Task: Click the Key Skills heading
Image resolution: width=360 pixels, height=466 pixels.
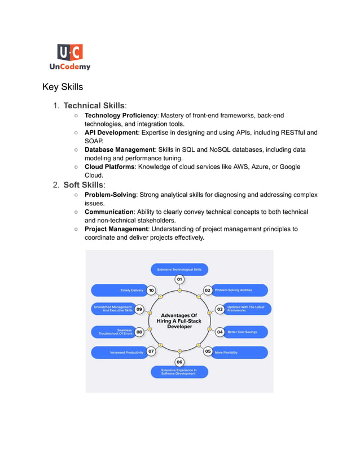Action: (63, 87)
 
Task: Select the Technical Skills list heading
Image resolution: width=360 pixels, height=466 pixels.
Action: (94, 105)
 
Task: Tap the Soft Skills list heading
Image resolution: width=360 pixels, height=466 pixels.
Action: (84, 185)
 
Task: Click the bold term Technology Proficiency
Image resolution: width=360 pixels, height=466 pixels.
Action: (120, 116)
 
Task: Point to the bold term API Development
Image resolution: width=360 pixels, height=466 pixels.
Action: (111, 133)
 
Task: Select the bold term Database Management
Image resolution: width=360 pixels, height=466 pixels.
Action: (120, 150)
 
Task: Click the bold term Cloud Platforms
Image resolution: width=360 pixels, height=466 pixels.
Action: (109, 167)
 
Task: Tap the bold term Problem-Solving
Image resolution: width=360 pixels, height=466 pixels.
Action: (110, 195)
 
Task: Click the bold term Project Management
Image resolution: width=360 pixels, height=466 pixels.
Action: (116, 229)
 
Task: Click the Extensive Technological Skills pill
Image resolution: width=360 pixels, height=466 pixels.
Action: (179, 270)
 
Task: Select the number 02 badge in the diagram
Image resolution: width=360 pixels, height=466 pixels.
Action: (208, 291)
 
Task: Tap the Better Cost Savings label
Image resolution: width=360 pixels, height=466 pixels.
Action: (242, 332)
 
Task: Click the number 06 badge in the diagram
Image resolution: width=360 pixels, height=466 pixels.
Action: (179, 362)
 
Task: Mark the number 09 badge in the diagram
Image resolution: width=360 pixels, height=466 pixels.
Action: (139, 309)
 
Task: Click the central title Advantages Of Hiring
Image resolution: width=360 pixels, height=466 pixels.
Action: (179, 321)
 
